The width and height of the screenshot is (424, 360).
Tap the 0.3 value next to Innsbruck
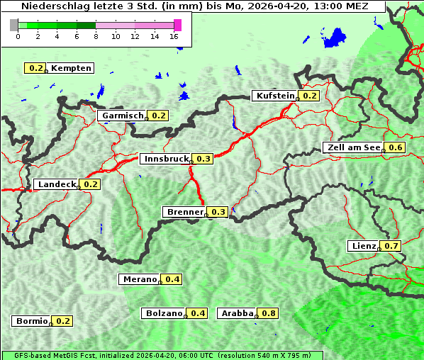[x=203, y=159]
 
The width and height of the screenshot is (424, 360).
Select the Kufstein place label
[x=274, y=96]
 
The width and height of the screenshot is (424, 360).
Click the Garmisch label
[x=123, y=116]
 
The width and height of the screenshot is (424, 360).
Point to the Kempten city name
[x=71, y=68]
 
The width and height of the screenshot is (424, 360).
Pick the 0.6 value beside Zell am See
[x=395, y=147]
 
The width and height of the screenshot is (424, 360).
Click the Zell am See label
[x=353, y=147]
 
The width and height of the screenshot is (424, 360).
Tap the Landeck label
[x=57, y=184]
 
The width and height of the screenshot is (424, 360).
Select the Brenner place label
[x=184, y=212]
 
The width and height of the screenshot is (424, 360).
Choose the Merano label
[x=139, y=279]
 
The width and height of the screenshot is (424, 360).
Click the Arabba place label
[x=238, y=313]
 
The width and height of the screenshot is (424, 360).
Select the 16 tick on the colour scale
[x=174, y=36]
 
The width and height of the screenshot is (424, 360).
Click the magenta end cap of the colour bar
[x=177, y=25]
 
